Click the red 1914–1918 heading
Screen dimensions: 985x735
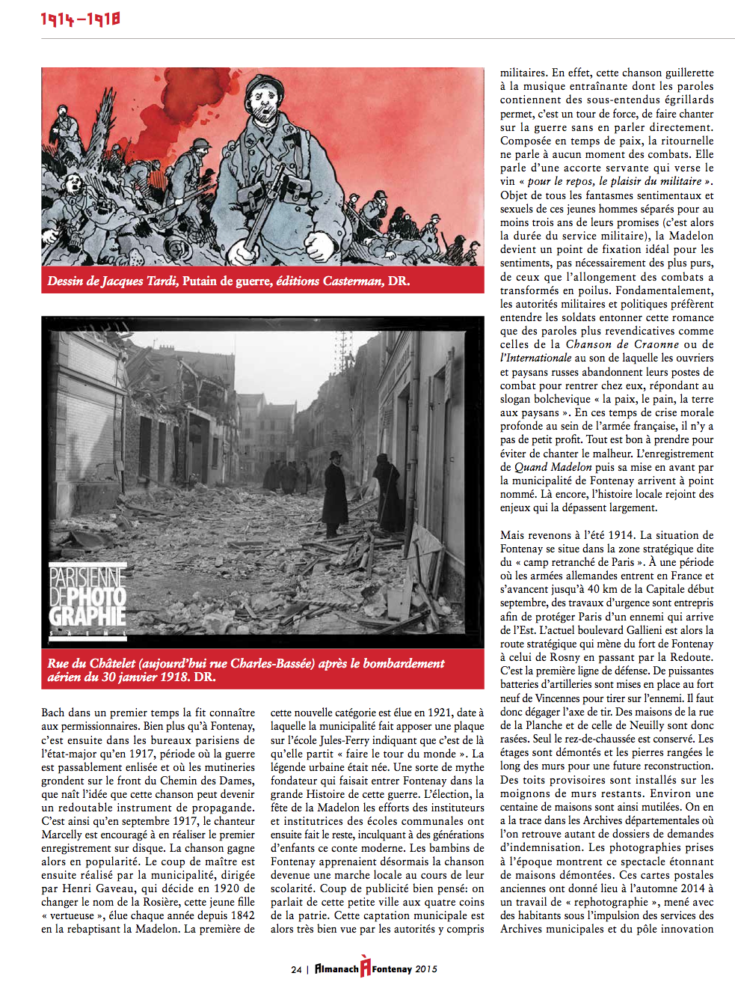coord(80,19)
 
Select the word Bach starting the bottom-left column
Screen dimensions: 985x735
coord(53,713)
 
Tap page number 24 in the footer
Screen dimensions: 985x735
coord(296,969)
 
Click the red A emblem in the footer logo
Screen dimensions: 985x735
coord(365,967)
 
